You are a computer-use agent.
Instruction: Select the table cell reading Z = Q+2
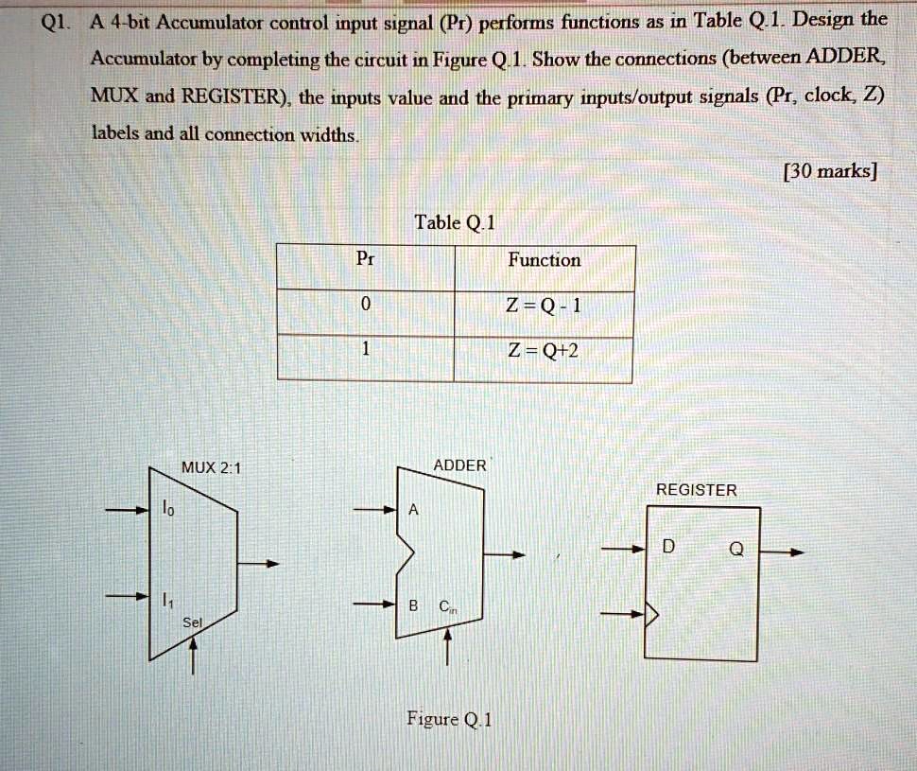tap(545, 351)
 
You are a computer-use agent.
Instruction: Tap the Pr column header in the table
tap(365, 258)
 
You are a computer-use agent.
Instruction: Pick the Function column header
tap(545, 259)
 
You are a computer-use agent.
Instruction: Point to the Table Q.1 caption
tap(455, 223)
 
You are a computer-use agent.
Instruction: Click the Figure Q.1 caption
tap(449, 719)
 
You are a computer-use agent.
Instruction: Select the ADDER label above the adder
tap(459, 465)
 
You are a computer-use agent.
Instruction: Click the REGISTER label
tap(696, 490)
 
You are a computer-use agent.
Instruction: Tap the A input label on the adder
tap(412, 511)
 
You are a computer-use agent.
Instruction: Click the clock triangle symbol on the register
tap(651, 616)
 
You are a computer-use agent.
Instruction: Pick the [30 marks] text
tap(832, 171)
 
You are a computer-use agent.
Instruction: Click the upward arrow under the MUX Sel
tap(192, 653)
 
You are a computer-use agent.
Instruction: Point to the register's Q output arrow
tap(784, 550)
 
